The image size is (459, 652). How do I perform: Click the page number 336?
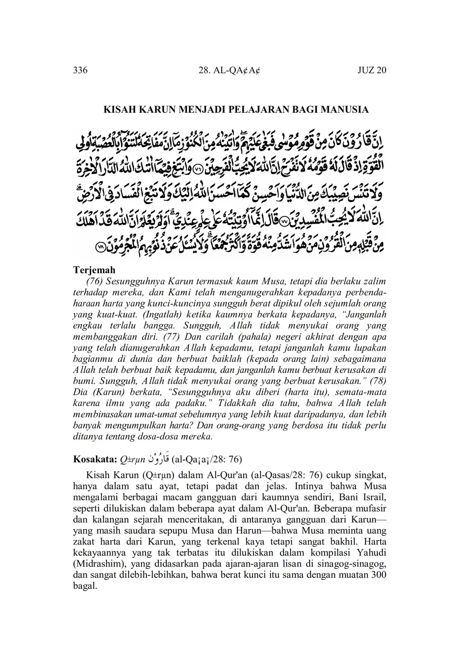point(80,70)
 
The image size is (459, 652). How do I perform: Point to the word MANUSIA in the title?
point(348,109)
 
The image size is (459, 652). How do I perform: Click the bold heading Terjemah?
point(94,270)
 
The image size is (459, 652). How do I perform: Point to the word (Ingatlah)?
point(162,315)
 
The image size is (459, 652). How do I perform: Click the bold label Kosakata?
point(94,459)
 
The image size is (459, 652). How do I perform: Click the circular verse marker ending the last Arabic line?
point(101,248)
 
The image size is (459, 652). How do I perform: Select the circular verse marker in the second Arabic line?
point(199,168)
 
